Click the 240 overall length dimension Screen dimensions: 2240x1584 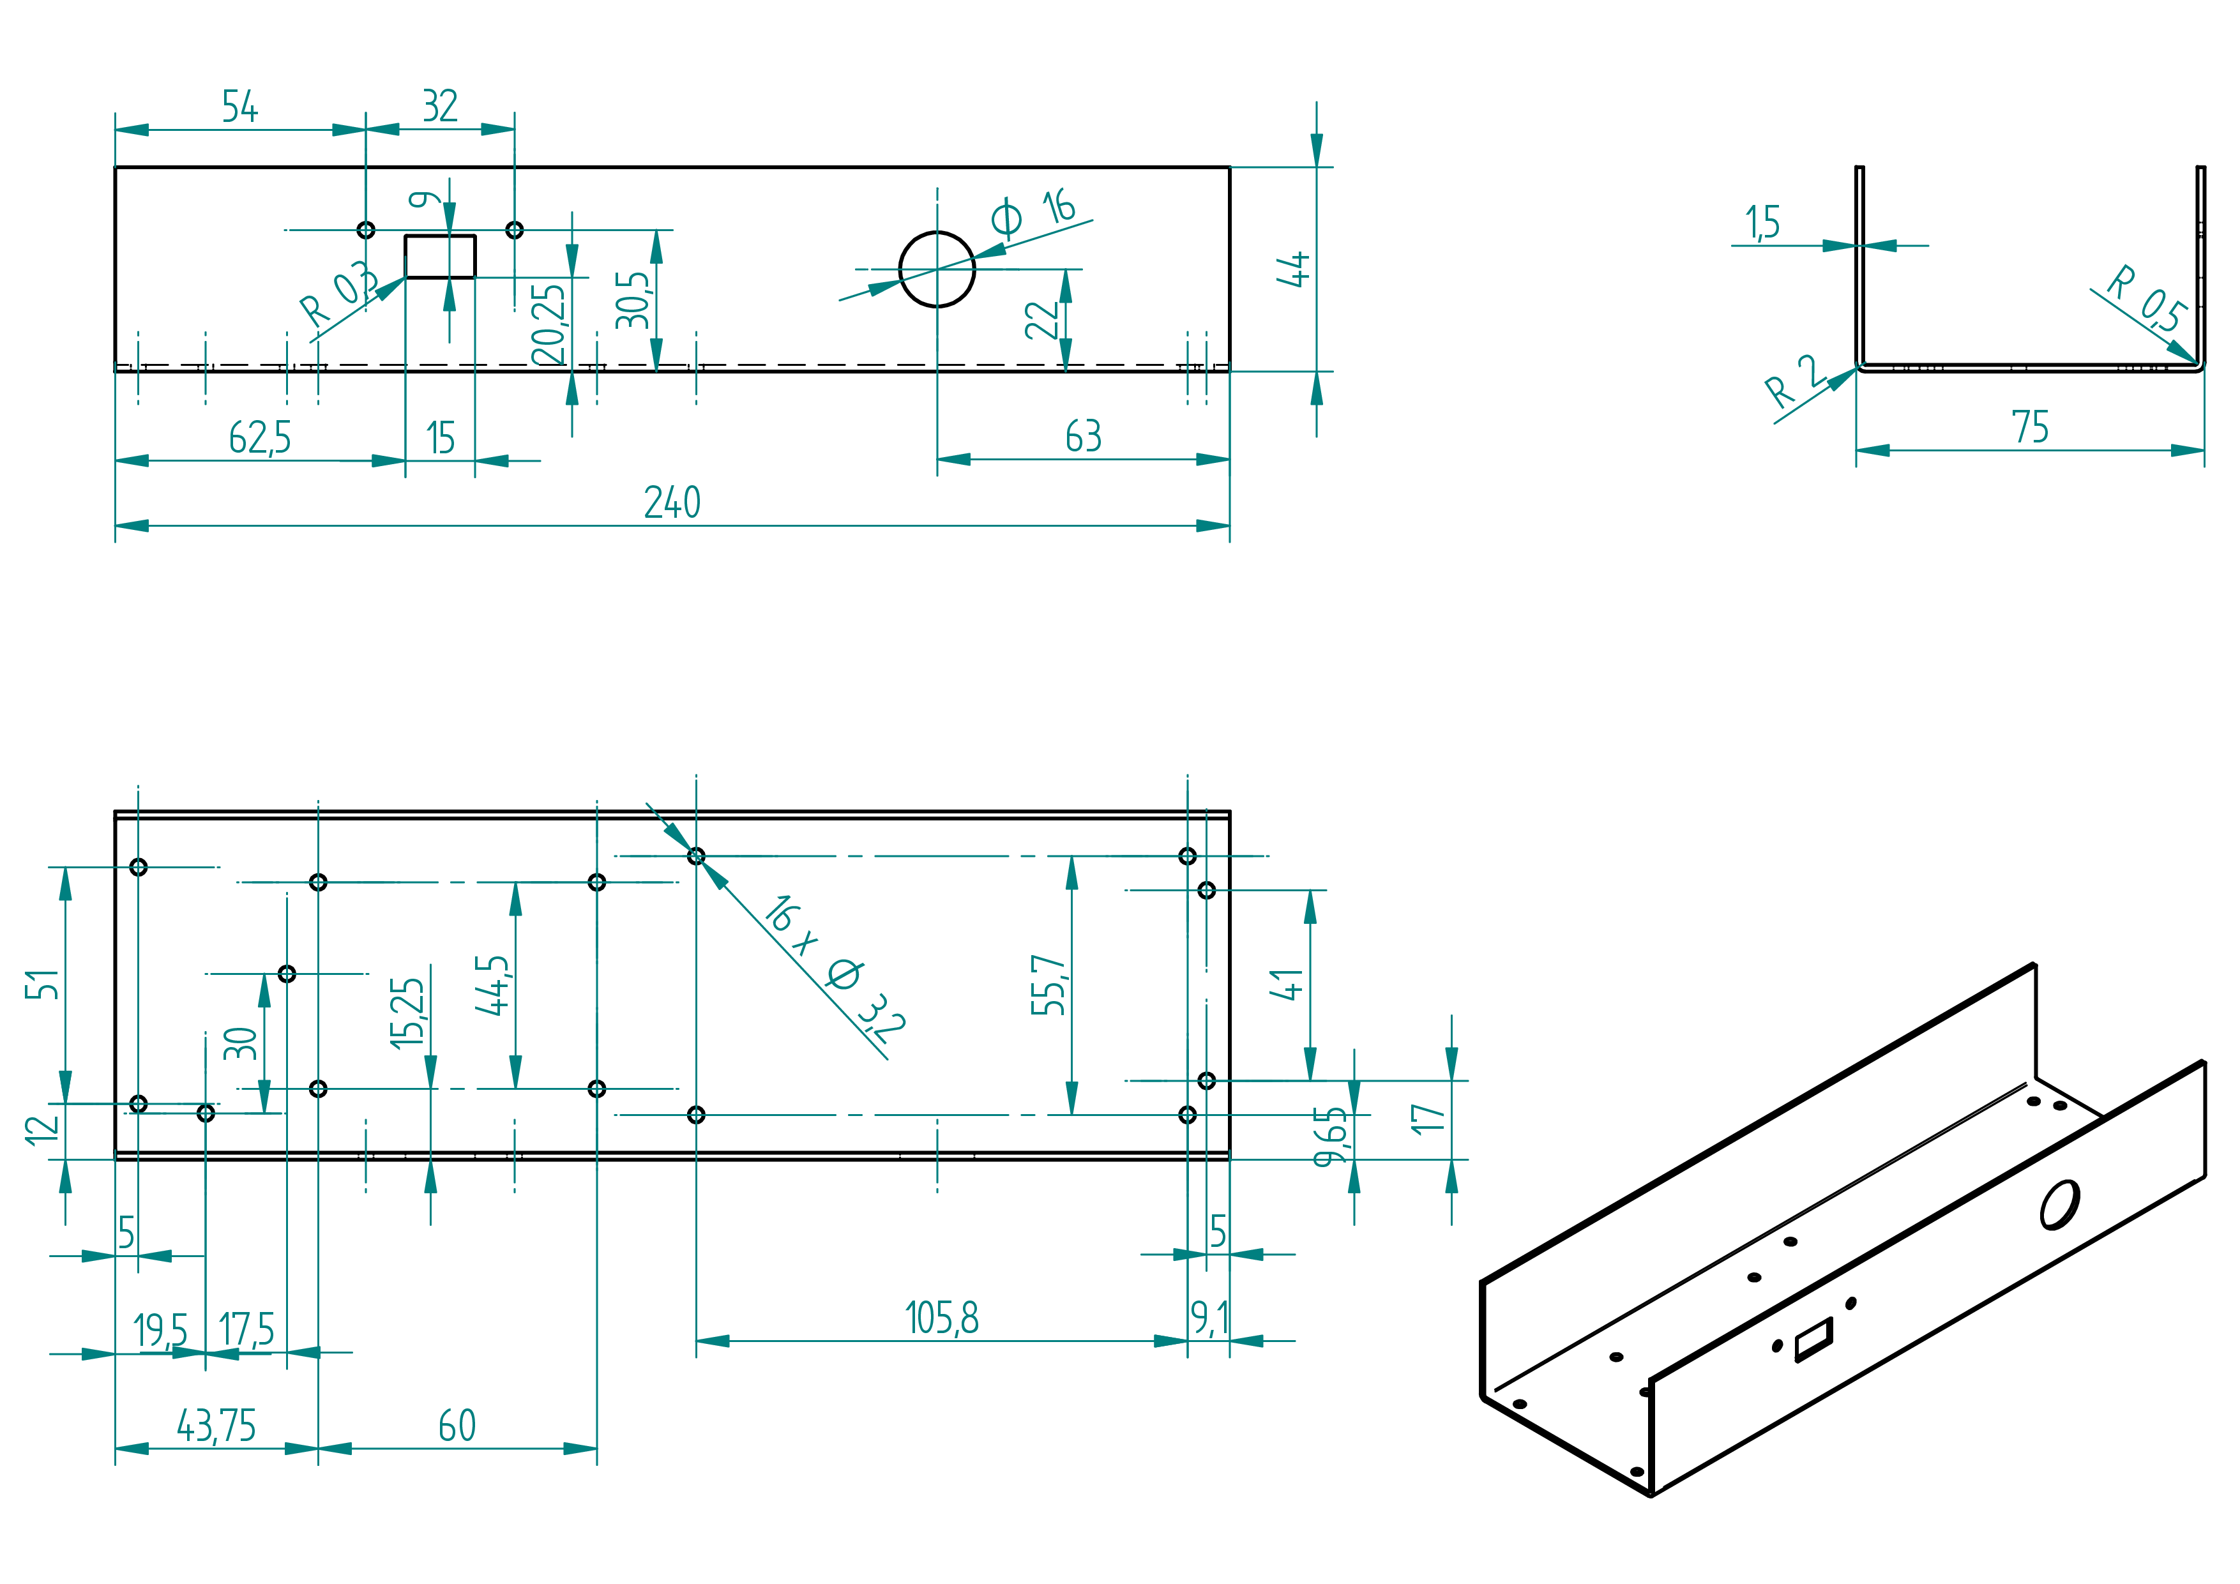pos(672,502)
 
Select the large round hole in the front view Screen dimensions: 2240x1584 pos(937,269)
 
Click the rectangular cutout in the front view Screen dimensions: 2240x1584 pos(440,257)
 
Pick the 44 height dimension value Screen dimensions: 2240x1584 pos(1294,269)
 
